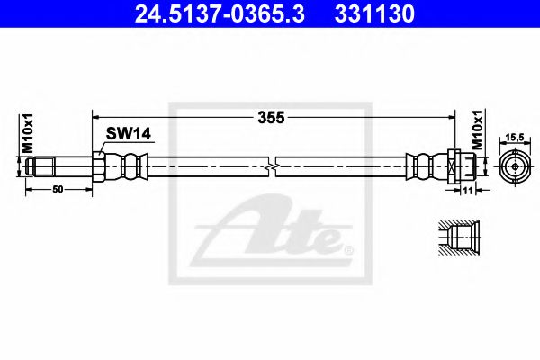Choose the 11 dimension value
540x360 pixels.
coord(469,191)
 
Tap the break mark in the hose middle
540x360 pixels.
coord(272,166)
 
